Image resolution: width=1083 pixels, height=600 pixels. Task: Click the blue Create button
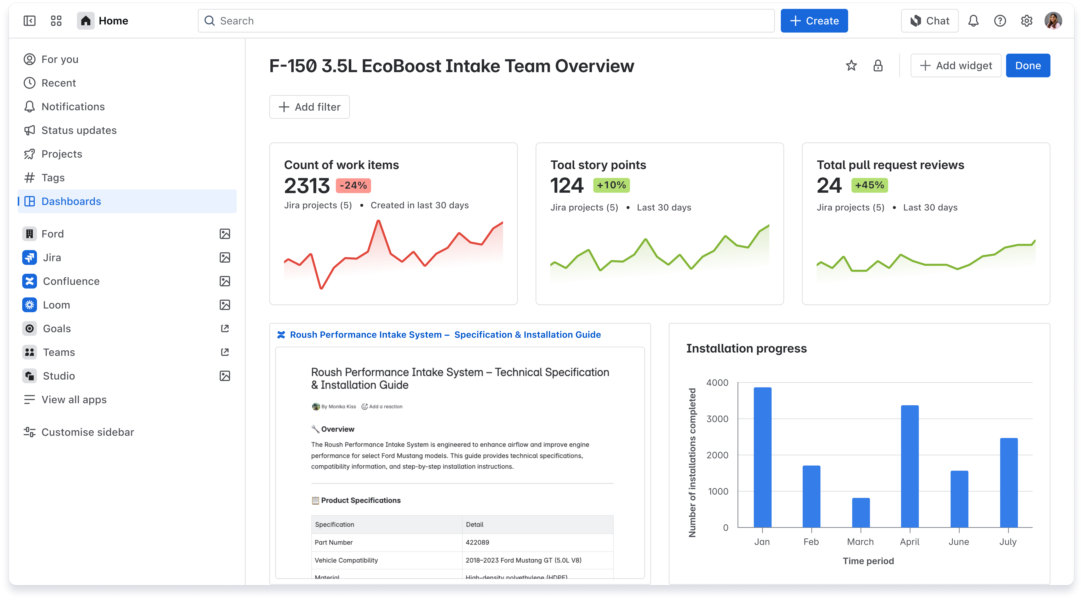point(814,21)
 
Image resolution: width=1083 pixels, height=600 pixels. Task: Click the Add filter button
point(309,107)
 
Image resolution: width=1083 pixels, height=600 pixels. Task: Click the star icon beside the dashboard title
point(851,66)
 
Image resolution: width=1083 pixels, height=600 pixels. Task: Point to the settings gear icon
point(1026,21)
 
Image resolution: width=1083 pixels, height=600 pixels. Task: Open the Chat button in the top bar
point(930,21)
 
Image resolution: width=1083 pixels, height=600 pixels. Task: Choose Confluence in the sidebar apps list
point(71,281)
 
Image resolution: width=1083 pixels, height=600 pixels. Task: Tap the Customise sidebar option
point(87,432)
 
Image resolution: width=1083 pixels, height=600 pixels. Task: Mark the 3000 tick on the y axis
point(717,419)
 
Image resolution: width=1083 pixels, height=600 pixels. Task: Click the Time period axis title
point(868,561)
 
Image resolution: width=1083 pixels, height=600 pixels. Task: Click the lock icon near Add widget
point(877,66)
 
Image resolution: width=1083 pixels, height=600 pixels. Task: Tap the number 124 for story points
point(567,186)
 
